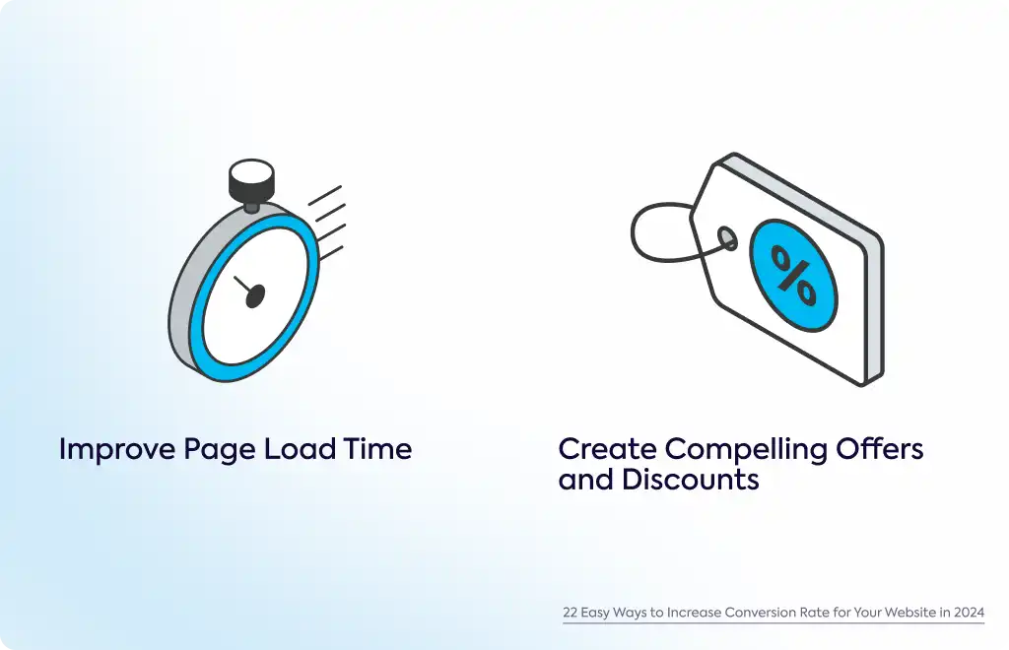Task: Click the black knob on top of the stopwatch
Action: tap(251, 180)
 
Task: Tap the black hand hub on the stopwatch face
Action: tap(255, 295)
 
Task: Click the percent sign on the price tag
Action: tap(794, 275)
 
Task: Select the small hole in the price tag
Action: tap(727, 238)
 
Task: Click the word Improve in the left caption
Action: tap(117, 449)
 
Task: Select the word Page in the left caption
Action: tap(220, 450)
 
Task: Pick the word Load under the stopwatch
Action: tap(300, 449)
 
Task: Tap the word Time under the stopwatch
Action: tap(377, 449)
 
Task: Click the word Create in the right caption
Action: tap(607, 449)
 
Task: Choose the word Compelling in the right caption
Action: tap(747, 450)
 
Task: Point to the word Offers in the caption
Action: tap(880, 448)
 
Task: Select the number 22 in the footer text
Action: tap(571, 612)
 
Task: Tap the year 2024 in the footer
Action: tap(970, 612)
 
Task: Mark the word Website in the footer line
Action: tap(909, 612)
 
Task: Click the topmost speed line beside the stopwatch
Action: tap(325, 195)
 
